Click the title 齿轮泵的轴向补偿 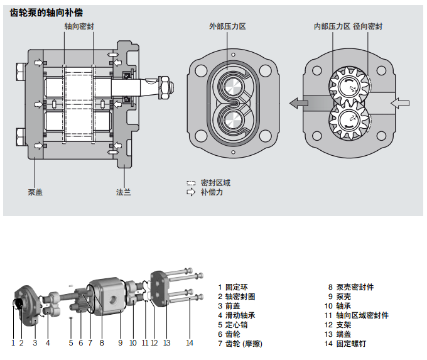47,13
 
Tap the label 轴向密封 80,27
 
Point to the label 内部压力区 332,26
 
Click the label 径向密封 368,26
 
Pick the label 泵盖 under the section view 35,192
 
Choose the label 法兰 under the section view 124,192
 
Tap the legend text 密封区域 215,183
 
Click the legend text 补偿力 212,192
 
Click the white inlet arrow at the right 399,102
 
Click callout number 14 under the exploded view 190,343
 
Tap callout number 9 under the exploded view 120,343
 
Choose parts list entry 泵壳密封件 355,287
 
